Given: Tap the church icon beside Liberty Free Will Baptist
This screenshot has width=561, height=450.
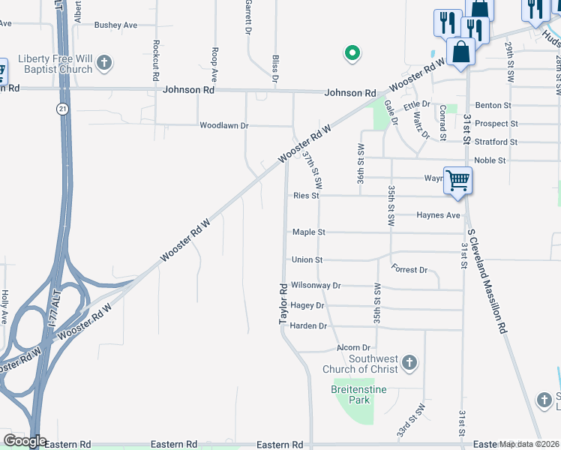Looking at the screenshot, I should [x=105, y=62].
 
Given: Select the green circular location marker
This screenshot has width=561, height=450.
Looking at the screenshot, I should [x=351, y=53].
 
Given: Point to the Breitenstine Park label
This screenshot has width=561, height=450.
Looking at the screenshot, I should [x=351, y=395].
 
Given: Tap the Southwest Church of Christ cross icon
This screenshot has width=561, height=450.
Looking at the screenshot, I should [x=409, y=364].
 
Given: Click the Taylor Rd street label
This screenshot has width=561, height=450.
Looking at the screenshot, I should [x=283, y=304].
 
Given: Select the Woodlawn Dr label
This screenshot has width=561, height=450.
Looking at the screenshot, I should [x=223, y=125].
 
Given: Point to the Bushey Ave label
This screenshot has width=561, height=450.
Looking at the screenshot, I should [x=115, y=25].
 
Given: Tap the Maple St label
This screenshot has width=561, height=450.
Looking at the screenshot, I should [x=308, y=232].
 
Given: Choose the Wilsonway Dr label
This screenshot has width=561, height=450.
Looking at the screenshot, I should [x=316, y=286].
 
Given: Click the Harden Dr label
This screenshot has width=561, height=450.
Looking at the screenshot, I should [x=308, y=326].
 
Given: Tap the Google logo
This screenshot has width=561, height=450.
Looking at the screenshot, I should [x=24, y=441].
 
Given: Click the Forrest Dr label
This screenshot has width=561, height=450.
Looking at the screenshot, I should [x=409, y=270].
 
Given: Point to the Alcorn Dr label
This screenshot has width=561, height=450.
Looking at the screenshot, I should [x=354, y=348].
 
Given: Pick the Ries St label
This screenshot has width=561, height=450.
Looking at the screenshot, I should [x=306, y=196].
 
